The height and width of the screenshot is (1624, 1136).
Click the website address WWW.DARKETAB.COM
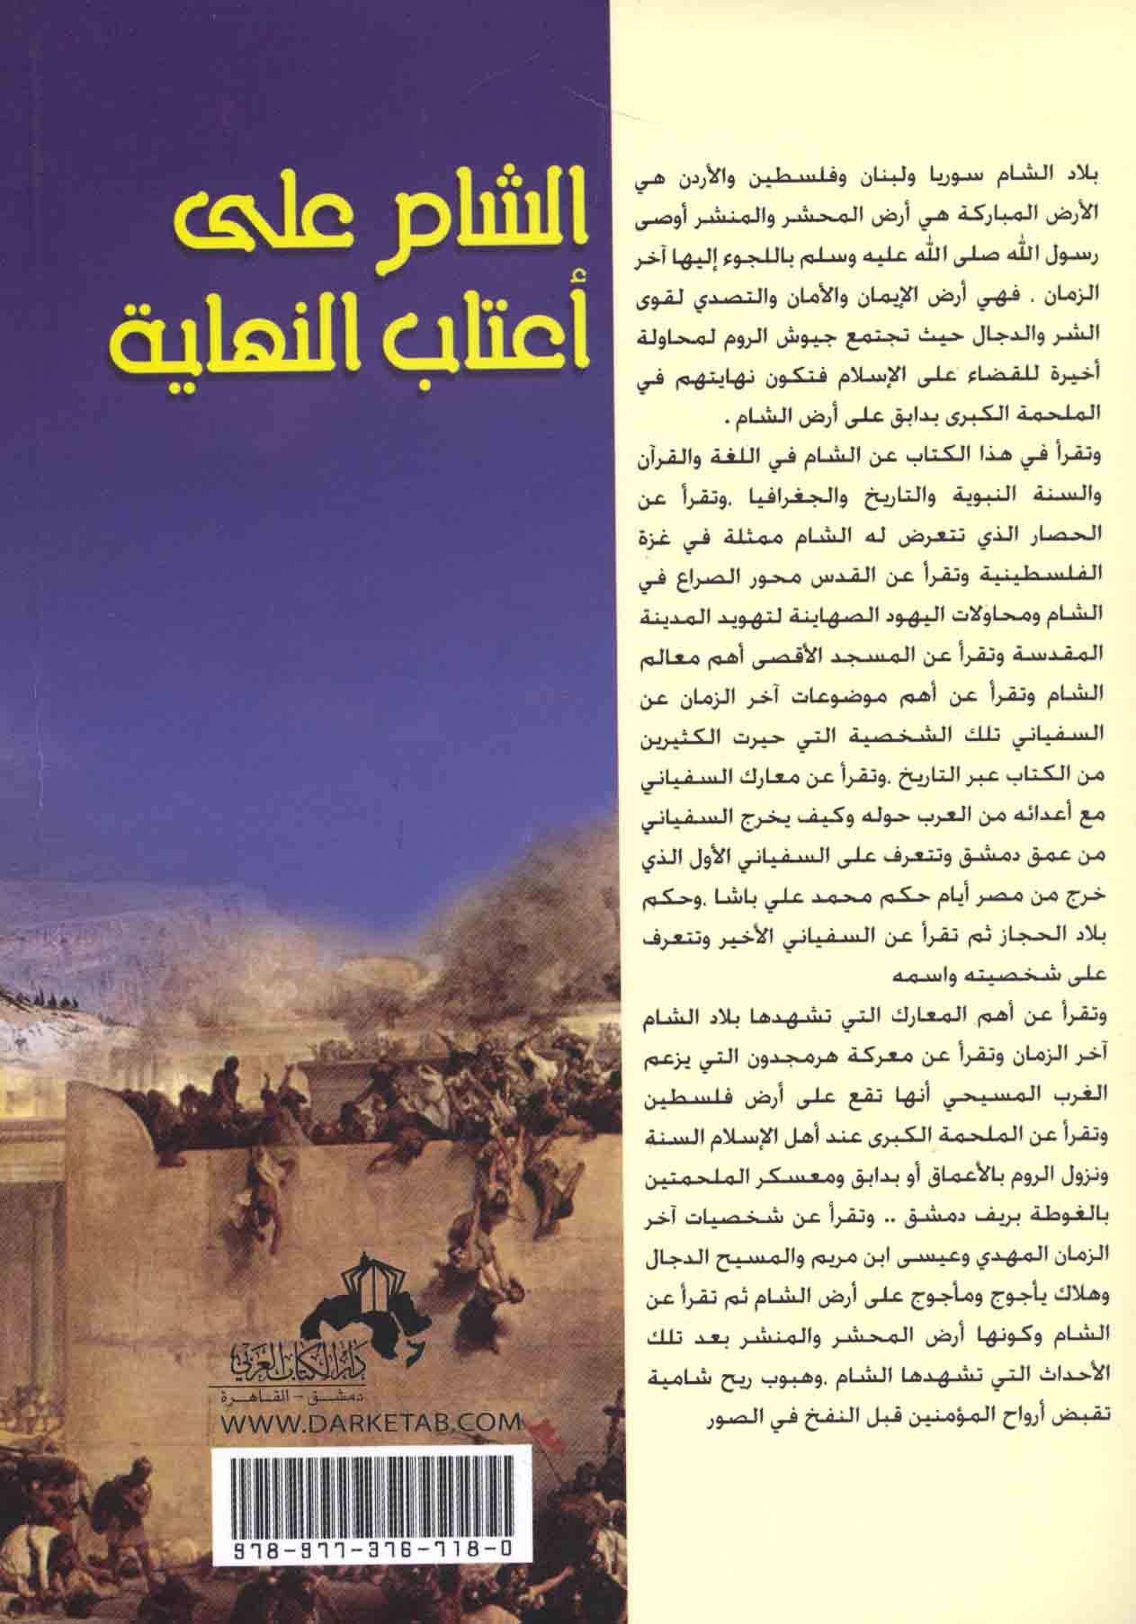tap(371, 1423)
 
